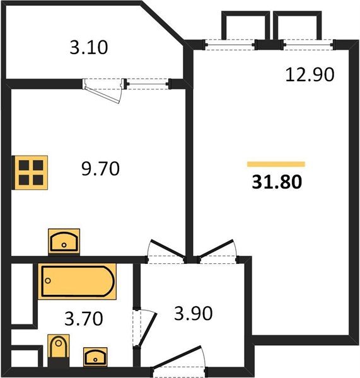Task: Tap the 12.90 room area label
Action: point(308,74)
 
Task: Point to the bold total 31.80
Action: point(276,182)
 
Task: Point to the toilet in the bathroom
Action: point(58,350)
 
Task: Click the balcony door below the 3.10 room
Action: point(105,89)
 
